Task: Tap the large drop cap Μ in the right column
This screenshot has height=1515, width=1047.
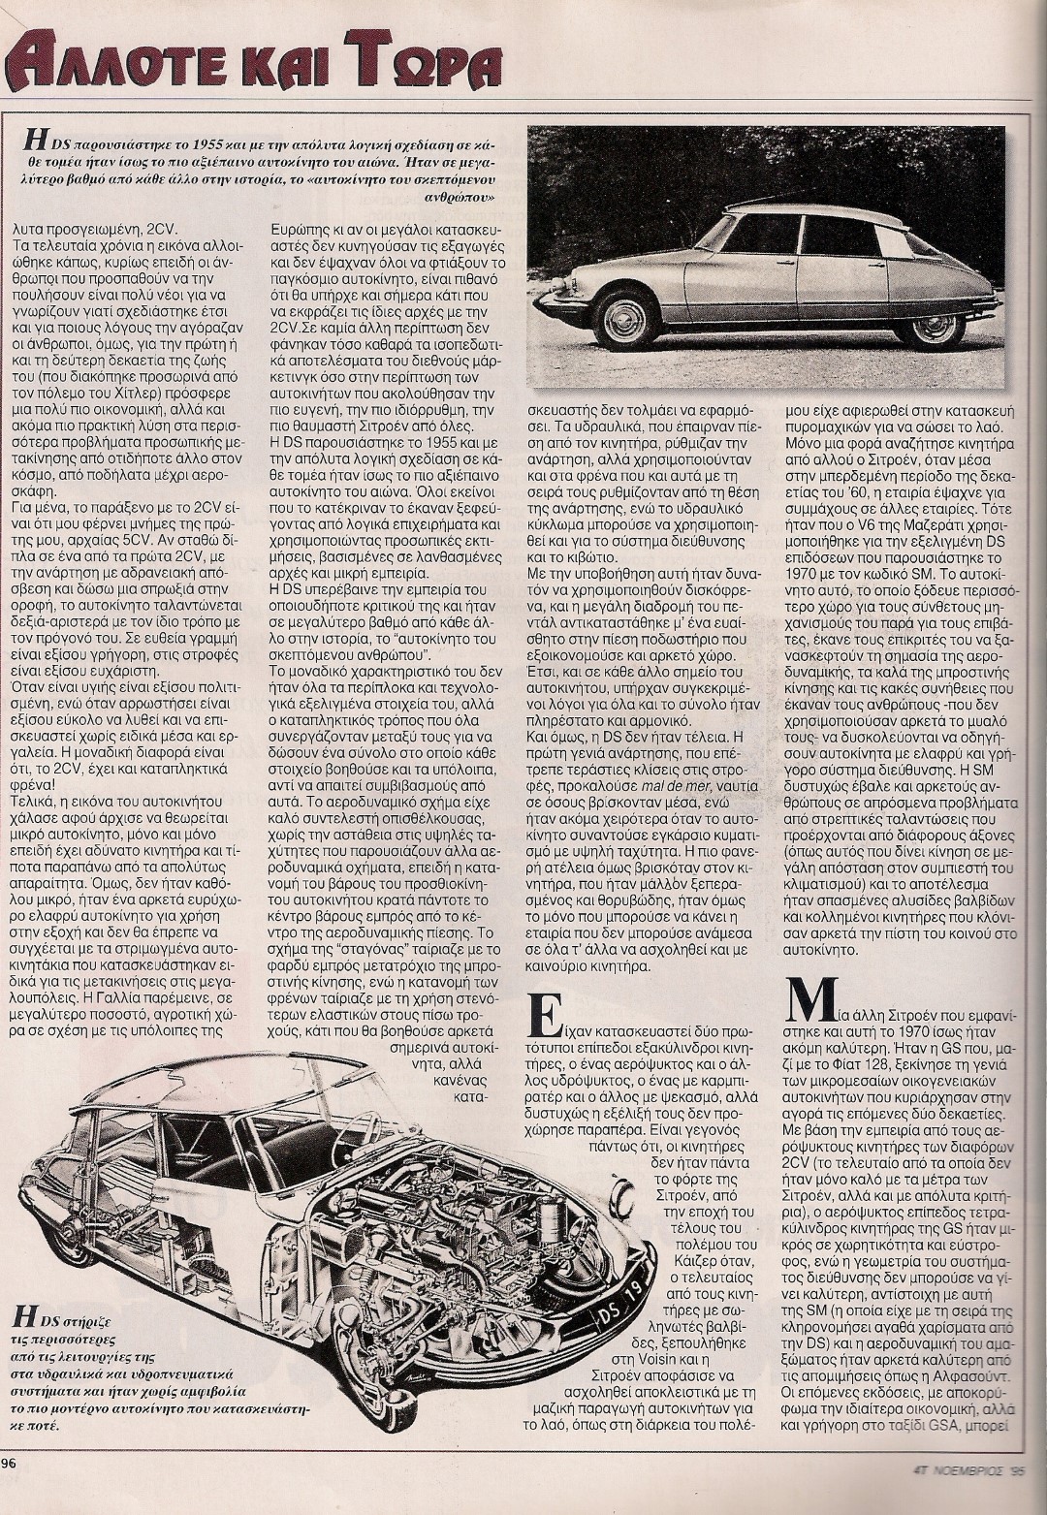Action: click(x=804, y=1033)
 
